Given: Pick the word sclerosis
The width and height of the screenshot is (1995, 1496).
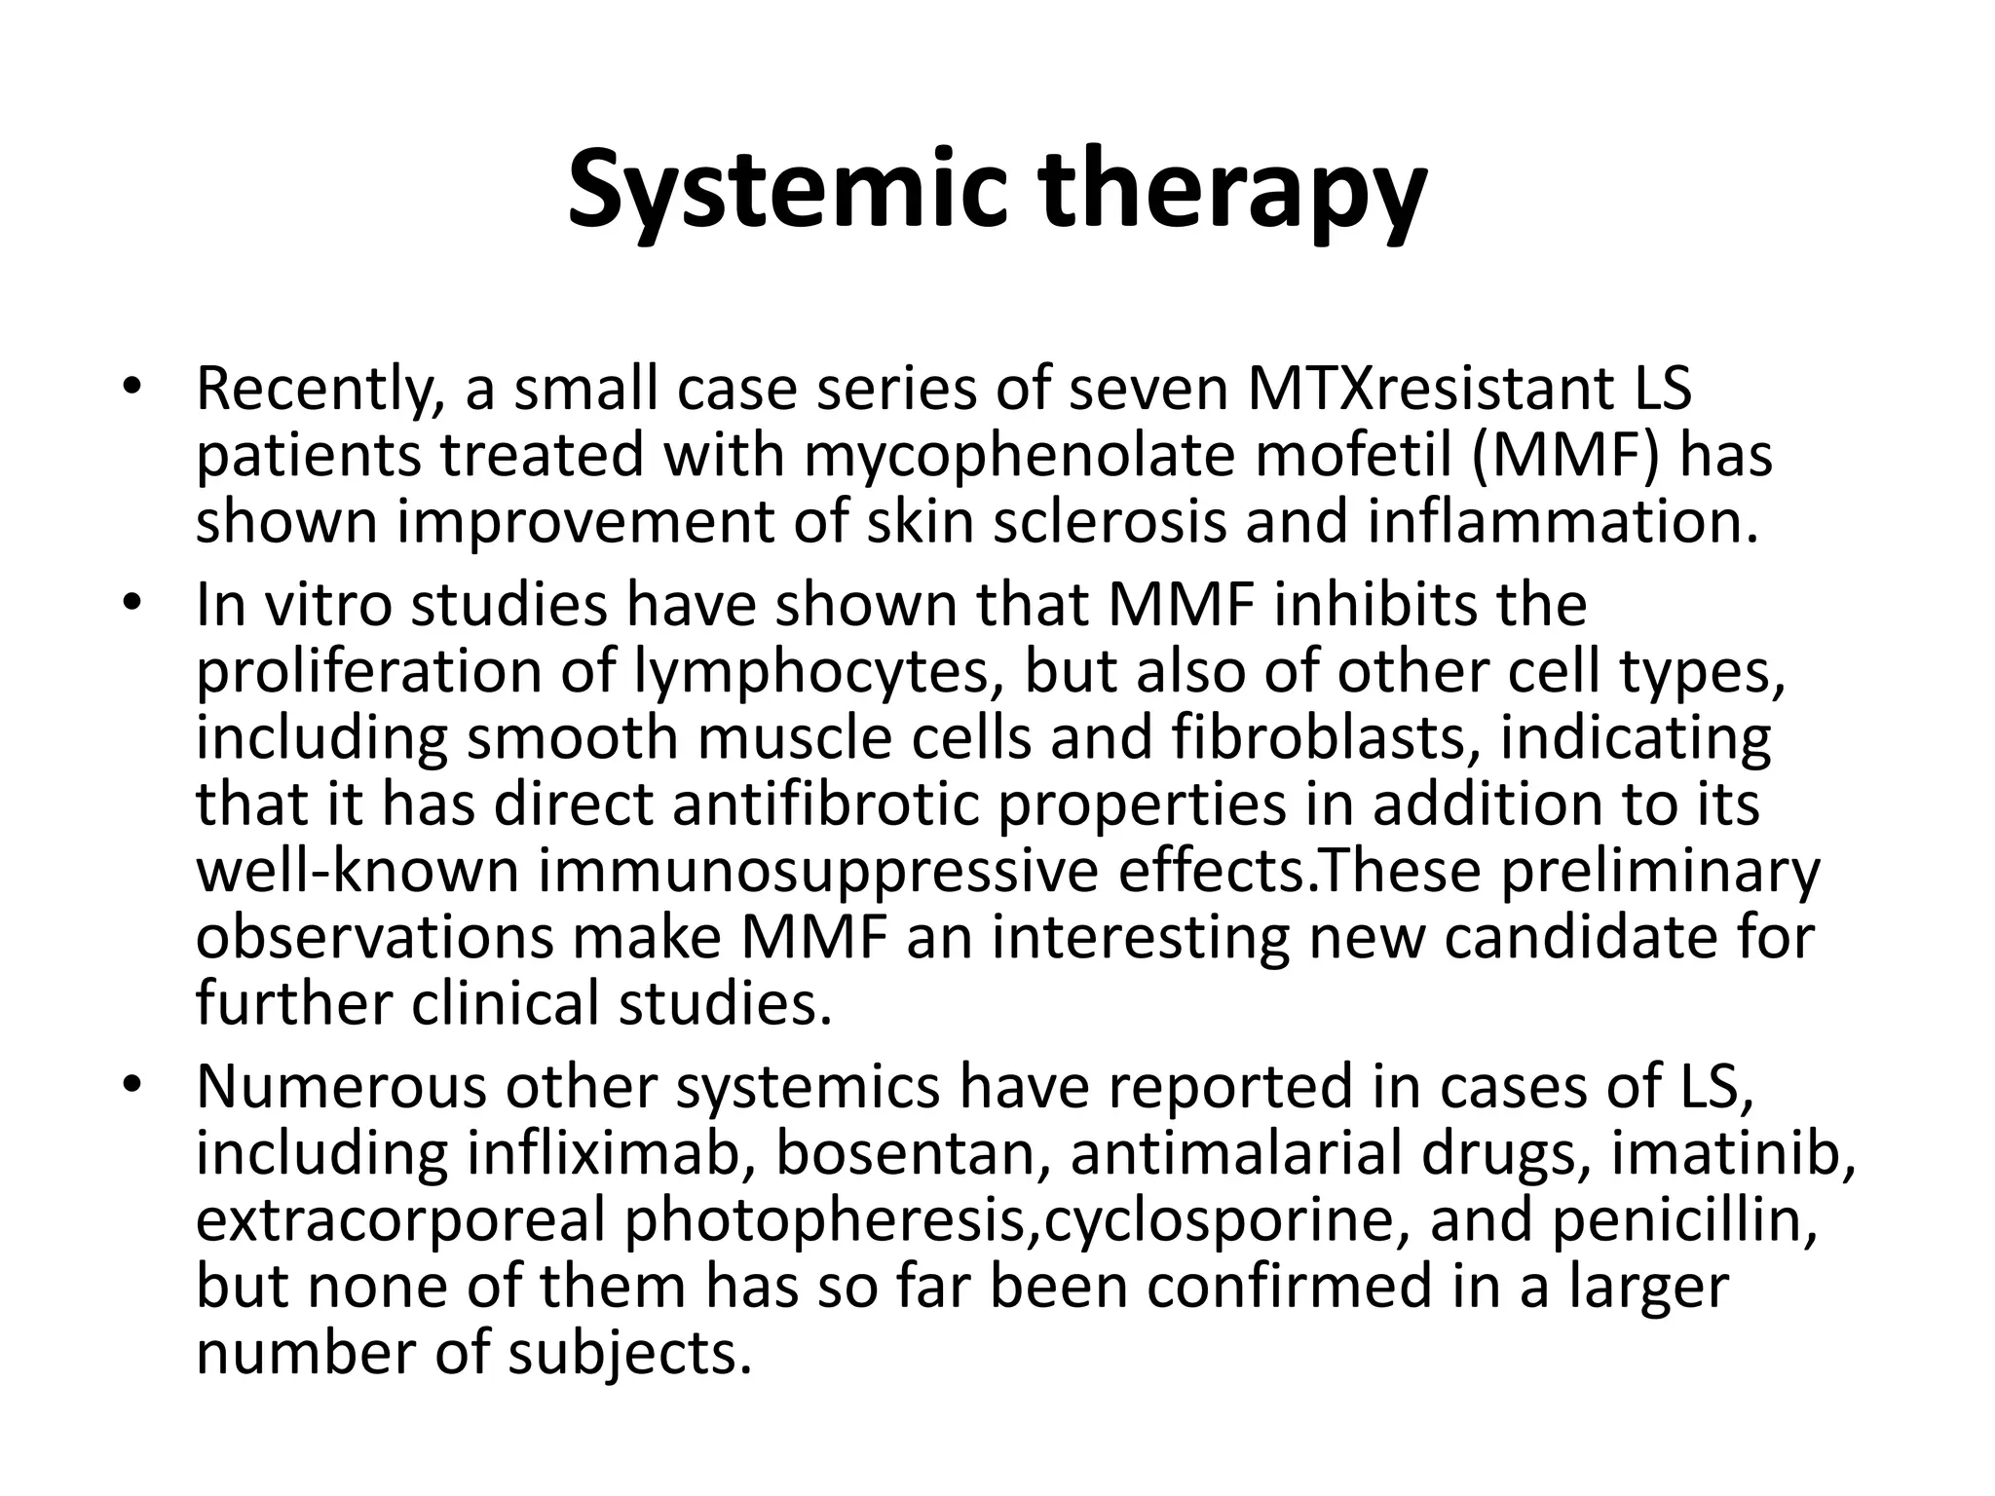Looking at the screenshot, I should (x=1110, y=522).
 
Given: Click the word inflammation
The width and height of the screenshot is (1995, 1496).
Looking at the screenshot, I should (x=1562, y=522).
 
